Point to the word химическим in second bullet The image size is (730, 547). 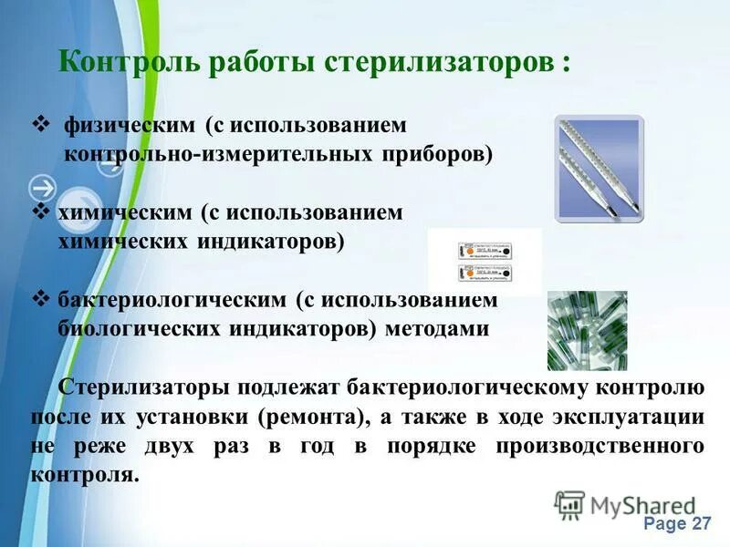coord(125,212)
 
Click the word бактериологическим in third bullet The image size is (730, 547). coord(172,300)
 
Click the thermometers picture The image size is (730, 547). coord(600,167)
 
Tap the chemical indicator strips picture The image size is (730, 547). coord(484,262)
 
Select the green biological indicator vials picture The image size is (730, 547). coord(587,330)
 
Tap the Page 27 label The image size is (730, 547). coord(676,523)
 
